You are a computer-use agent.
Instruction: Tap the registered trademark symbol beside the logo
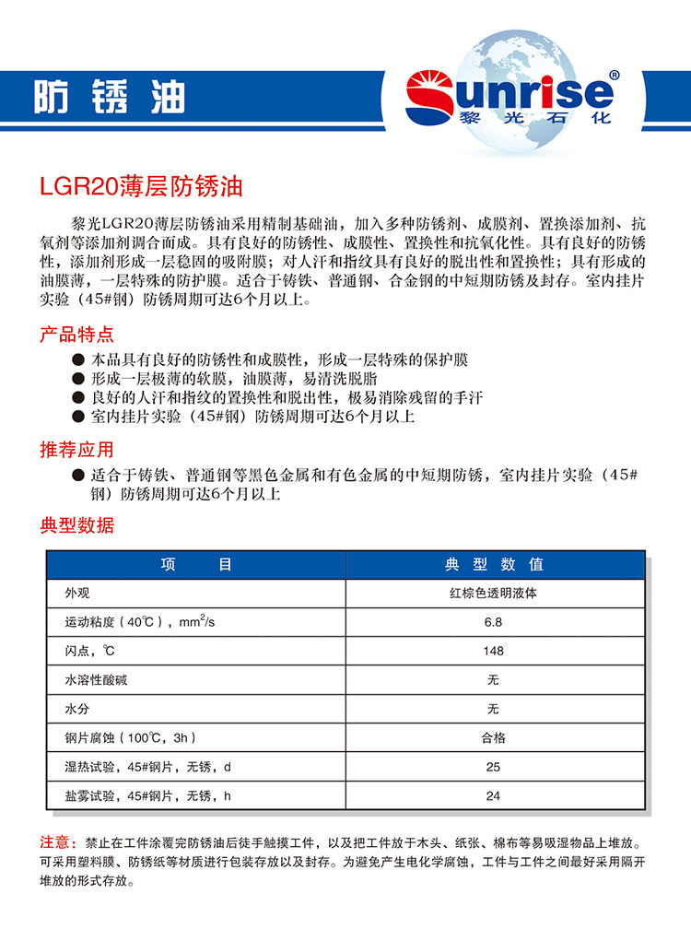click(x=615, y=75)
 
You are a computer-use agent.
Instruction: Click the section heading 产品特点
click(x=77, y=334)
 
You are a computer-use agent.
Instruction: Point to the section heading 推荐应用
click(x=77, y=450)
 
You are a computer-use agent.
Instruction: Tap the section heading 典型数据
click(x=77, y=526)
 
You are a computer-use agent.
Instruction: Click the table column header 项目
click(x=195, y=564)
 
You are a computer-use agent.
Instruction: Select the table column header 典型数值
click(x=494, y=564)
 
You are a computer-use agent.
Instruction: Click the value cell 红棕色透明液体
click(x=494, y=594)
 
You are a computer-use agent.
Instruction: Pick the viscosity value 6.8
click(x=494, y=622)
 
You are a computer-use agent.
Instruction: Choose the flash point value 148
click(x=494, y=651)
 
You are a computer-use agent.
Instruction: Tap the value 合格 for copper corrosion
click(x=494, y=737)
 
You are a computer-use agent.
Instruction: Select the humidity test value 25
click(x=494, y=767)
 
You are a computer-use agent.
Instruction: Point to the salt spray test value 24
click(x=494, y=795)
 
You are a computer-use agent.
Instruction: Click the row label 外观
click(x=76, y=594)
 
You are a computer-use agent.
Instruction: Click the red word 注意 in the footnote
click(x=56, y=842)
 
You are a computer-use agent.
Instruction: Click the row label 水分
click(x=76, y=709)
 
